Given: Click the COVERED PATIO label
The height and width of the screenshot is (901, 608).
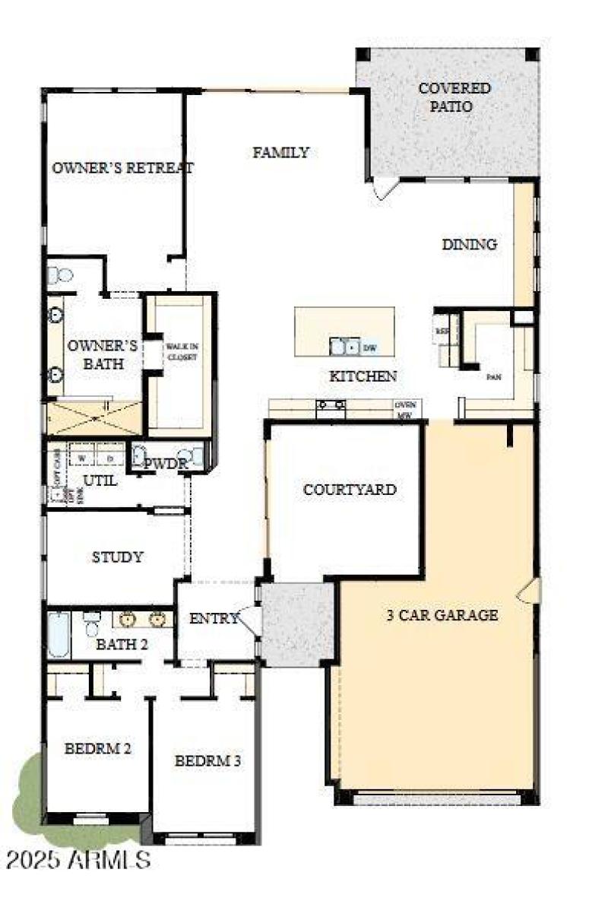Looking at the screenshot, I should [454, 97].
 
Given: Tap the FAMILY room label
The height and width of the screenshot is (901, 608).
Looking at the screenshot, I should [280, 152].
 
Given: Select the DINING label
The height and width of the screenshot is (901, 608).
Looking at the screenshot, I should [469, 244].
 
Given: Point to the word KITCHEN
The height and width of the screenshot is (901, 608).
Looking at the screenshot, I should [363, 376].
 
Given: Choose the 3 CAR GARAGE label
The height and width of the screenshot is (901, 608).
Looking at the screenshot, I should [442, 615].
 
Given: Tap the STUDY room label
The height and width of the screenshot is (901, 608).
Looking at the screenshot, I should [117, 557].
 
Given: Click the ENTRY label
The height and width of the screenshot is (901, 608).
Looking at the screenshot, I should [214, 619].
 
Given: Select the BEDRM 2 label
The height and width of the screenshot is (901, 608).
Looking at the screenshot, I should [97, 748].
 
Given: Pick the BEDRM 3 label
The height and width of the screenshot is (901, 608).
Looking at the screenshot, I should [207, 760].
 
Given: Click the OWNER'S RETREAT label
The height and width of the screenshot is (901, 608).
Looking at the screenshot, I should [122, 168].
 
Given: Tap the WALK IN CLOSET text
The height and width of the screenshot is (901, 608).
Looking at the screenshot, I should [182, 351].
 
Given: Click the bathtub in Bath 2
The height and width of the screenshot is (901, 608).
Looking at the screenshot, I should [59, 634].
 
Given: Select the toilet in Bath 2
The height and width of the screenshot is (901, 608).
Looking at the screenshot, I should [92, 623].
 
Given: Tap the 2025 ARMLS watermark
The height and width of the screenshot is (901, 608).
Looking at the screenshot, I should [78, 861].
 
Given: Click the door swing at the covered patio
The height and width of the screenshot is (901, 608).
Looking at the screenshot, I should [385, 188].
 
